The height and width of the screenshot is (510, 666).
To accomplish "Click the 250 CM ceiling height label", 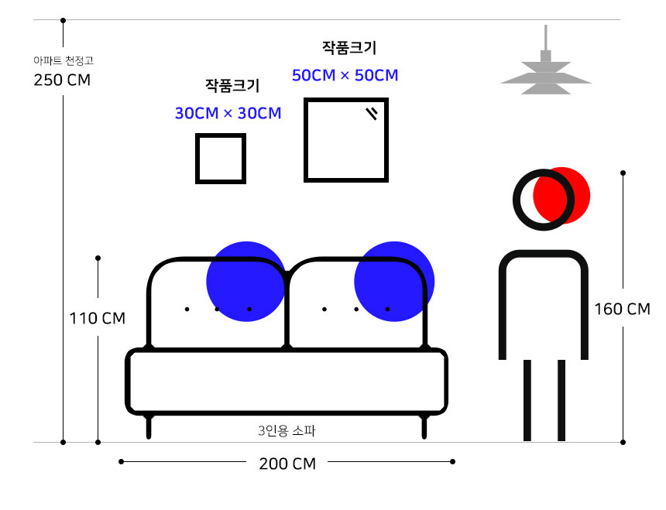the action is point(62,80).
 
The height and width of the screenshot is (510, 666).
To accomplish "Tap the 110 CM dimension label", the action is point(98,318).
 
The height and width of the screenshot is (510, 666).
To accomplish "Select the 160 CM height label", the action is point(623,309).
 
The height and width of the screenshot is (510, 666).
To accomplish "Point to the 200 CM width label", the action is point(287,464).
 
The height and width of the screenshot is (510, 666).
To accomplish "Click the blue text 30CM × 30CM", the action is point(228,113).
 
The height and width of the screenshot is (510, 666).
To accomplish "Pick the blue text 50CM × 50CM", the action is point(345,75).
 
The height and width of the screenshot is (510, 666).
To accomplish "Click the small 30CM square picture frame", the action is point(221,158).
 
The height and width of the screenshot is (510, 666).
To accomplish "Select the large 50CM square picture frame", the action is point(346,140).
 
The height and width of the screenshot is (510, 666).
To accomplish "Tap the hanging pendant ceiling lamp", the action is point(546,60).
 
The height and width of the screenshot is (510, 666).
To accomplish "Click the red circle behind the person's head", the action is point(561,195).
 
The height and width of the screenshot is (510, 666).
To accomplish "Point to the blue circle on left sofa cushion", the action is point(246,281).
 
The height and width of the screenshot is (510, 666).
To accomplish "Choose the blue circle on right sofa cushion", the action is point(394,281).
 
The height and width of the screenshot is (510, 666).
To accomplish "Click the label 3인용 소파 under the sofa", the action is point(287,430).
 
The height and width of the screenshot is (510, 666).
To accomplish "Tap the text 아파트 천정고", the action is point(64,60).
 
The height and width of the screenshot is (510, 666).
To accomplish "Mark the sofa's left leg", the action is point(149,427).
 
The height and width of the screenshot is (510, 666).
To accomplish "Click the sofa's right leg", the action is point(424,427).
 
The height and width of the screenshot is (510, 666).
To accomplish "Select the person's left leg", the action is point(527,401).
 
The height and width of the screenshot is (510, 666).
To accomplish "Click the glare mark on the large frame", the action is point(372,113).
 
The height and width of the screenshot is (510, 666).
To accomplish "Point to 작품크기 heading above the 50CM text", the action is point(349,47).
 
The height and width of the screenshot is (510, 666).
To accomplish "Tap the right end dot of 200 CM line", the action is point(453,461).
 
